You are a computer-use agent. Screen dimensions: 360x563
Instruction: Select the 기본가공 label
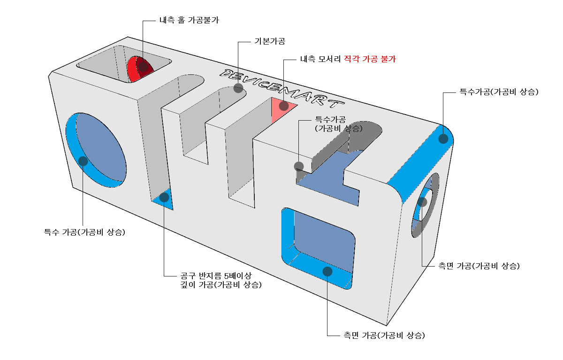(x=269, y=41)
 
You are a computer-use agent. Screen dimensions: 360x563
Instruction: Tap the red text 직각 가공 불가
(x=370, y=60)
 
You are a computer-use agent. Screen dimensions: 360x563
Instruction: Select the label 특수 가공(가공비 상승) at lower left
(x=84, y=232)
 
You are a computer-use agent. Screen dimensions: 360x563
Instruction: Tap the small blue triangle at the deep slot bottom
(x=164, y=200)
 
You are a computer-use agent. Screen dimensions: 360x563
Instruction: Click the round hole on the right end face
(x=425, y=205)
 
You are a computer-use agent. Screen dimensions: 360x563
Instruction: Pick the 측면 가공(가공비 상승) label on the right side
(x=479, y=266)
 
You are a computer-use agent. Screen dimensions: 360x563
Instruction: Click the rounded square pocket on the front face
(x=319, y=246)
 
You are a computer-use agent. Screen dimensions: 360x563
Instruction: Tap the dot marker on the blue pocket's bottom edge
(x=327, y=271)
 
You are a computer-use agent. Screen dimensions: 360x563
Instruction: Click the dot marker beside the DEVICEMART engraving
(x=238, y=88)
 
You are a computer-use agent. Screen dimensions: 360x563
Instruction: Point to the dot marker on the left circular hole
(x=83, y=161)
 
